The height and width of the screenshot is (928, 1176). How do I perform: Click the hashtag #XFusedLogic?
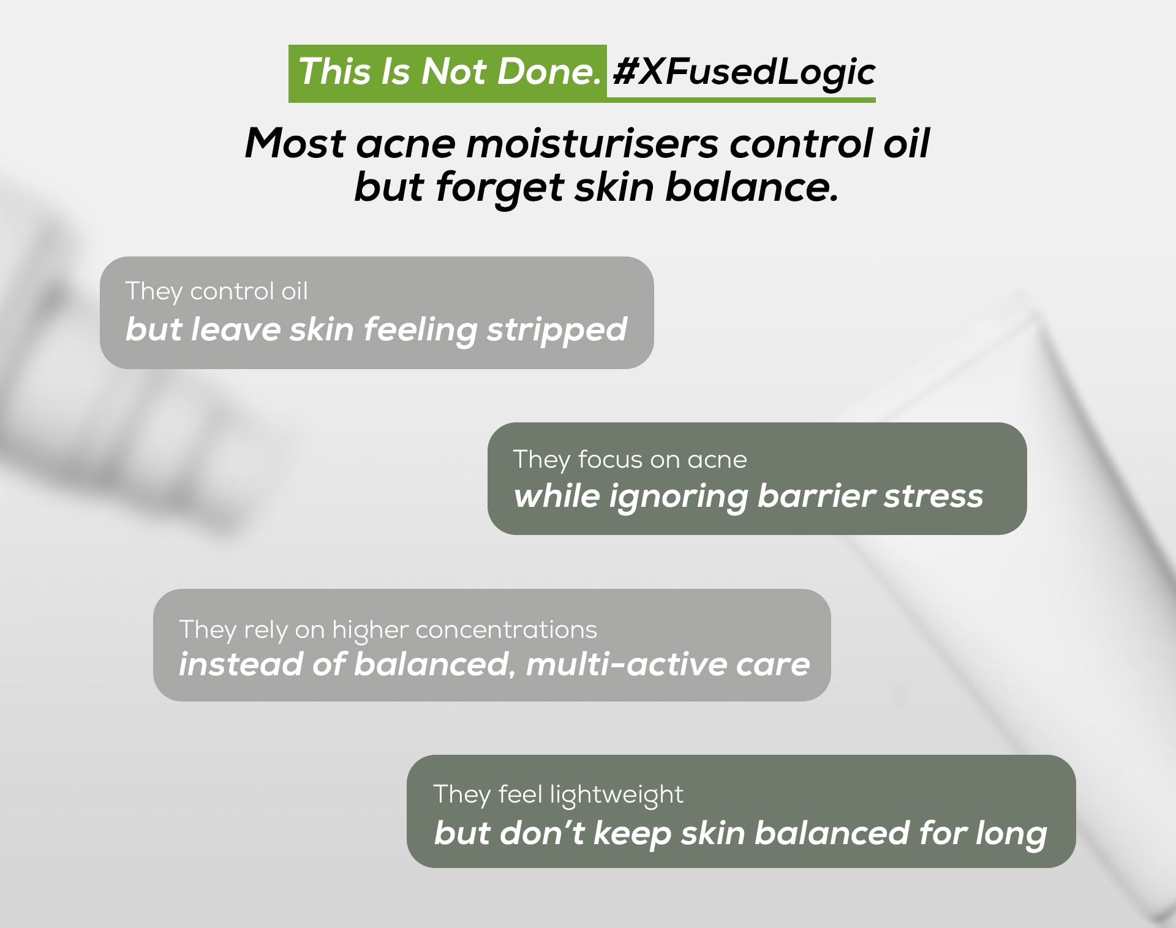744,72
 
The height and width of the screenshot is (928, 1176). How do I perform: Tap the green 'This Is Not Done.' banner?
448,72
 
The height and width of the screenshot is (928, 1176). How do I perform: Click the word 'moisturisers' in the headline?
592,144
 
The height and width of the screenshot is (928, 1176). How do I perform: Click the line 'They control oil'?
217,291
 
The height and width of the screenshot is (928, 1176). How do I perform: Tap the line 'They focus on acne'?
630,459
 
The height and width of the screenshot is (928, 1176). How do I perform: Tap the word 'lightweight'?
616,795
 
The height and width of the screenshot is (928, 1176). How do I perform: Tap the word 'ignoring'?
678,496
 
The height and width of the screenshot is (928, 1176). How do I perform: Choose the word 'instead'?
239,664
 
